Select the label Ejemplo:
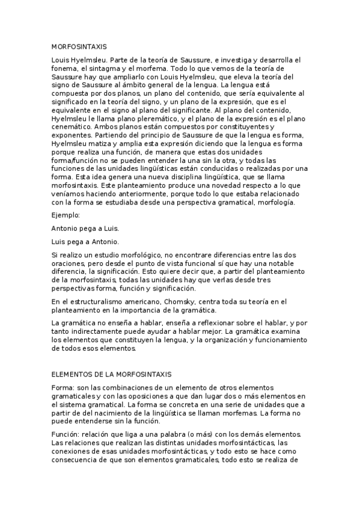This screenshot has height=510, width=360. tap(67, 214)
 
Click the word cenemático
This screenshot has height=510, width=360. tap(70, 127)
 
